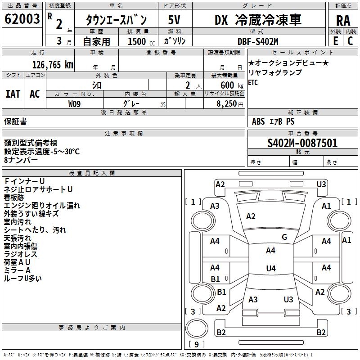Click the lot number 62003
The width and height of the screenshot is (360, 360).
22,19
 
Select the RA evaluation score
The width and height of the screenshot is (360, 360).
343,20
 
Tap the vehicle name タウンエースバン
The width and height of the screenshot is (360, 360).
116,20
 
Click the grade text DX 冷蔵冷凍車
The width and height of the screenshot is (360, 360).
264,19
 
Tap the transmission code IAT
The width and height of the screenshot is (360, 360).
13,94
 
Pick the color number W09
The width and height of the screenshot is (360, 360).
75,103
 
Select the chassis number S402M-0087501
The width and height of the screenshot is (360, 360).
302,144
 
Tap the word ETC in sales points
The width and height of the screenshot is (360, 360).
253,82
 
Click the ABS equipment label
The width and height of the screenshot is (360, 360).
258,121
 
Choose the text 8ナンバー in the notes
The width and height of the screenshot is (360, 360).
21,160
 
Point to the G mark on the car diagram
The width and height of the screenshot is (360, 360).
284,237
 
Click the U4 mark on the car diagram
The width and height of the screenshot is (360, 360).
270,269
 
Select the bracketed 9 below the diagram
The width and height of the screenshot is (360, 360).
197,344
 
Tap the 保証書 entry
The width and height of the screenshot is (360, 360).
15,121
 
